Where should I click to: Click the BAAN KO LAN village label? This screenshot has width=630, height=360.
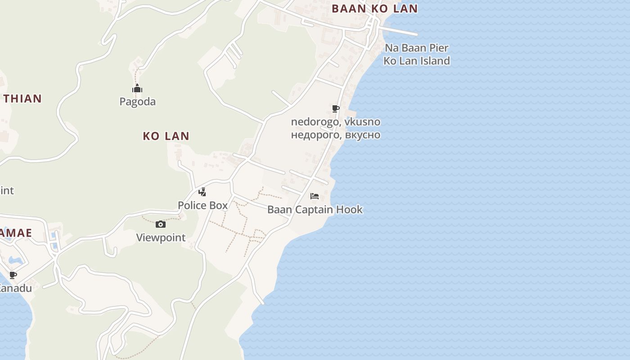click(374, 9)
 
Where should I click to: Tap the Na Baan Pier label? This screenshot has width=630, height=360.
click(416, 48)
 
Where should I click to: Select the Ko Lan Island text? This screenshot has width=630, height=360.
click(416, 61)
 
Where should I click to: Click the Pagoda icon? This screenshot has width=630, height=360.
click(137, 89)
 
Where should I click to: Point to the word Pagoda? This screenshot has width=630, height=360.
click(137, 102)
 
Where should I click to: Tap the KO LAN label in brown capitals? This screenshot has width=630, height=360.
click(166, 136)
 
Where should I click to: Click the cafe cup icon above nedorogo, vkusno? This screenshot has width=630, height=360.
click(335, 108)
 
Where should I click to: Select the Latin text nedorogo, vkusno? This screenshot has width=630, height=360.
click(335, 122)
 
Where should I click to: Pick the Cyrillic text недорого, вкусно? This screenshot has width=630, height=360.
click(335, 135)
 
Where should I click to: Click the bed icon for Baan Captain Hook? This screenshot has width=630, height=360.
click(315, 196)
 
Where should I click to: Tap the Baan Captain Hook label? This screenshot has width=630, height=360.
click(315, 210)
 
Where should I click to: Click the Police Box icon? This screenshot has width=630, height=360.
click(202, 192)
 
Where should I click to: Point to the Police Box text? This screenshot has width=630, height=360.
click(202, 206)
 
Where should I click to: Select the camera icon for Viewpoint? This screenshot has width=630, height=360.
click(161, 224)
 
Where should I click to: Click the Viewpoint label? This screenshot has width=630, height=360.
click(161, 238)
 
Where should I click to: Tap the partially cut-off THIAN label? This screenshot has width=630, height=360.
click(22, 99)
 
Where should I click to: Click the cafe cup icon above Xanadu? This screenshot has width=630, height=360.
click(13, 275)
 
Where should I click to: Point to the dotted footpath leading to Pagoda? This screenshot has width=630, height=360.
click(135, 76)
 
